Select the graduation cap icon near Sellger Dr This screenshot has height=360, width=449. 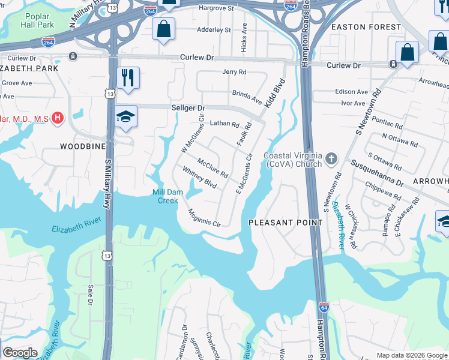127,117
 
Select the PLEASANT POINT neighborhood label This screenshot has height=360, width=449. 286,223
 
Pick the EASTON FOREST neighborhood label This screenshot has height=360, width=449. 366,27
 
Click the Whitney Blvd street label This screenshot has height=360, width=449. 199,178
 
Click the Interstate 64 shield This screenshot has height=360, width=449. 324,308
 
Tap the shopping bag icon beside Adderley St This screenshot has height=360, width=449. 163,29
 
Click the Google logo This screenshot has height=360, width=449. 20,353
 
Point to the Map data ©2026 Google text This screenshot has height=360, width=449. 412,355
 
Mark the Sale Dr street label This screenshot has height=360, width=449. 91,295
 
